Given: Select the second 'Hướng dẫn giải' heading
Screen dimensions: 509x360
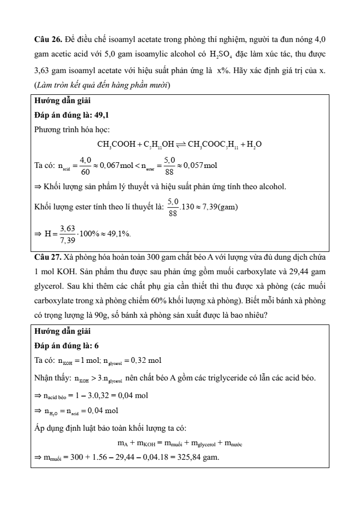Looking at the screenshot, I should pos(57,332).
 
